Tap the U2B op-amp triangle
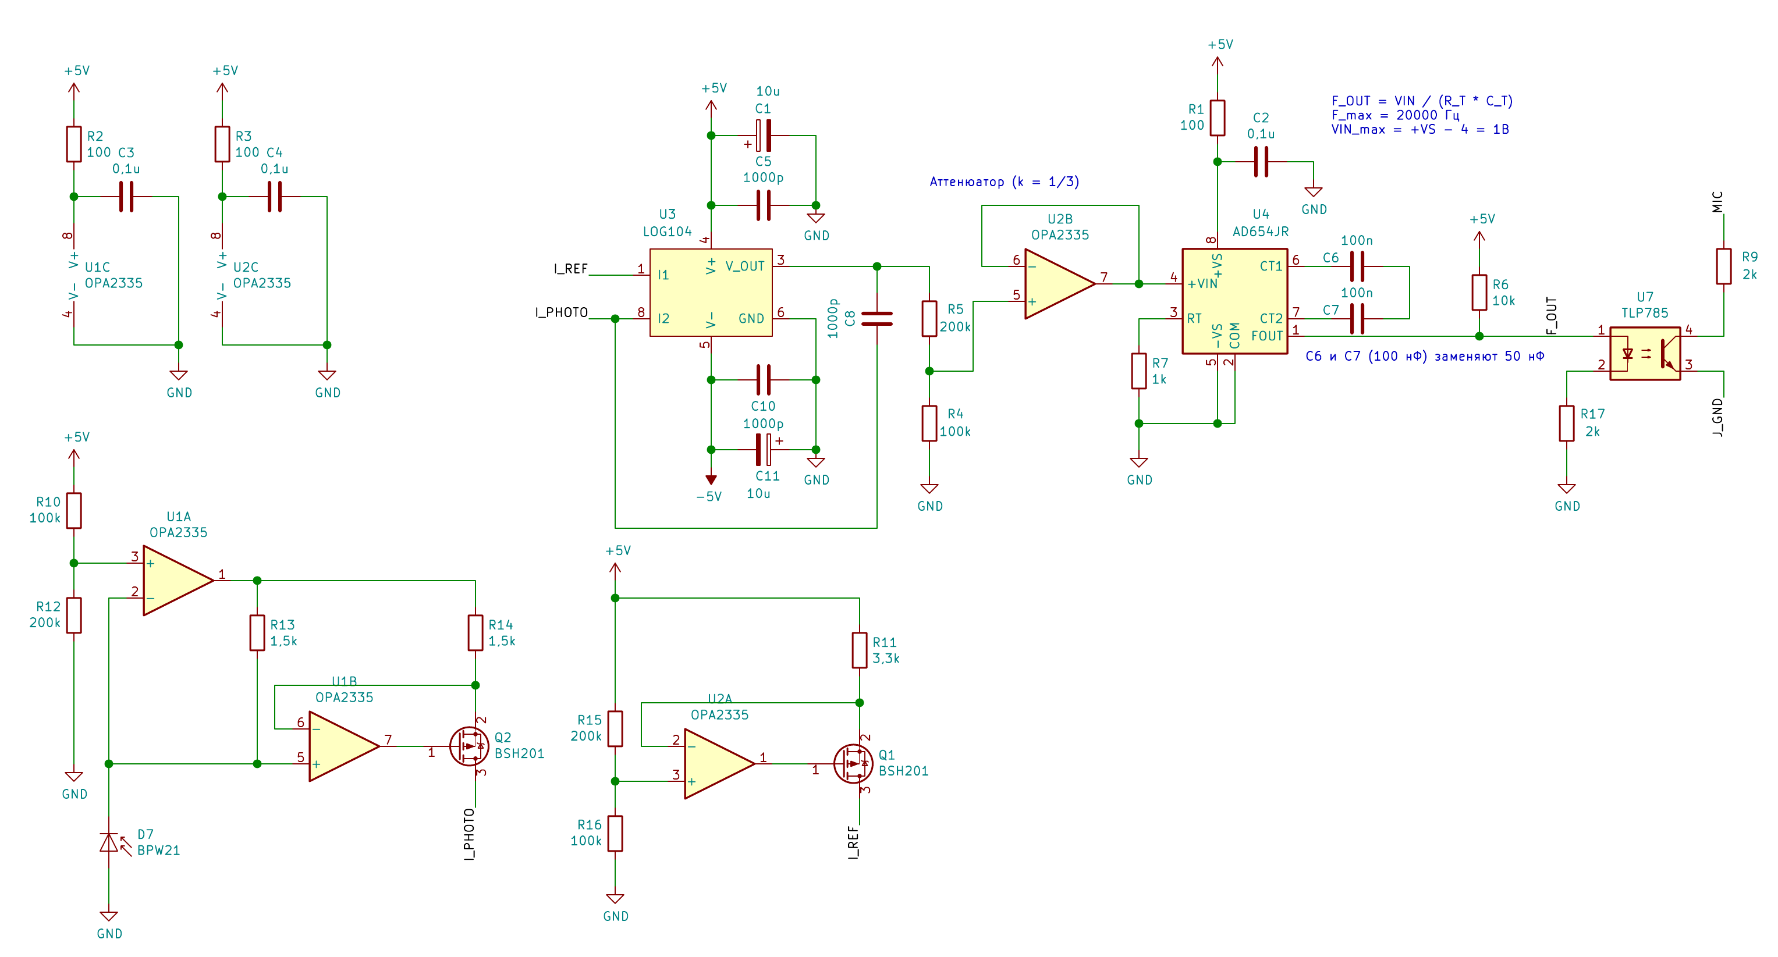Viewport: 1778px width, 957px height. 1059,283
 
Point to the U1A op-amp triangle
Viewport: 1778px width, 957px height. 178,580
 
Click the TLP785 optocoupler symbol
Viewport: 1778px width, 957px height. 1645,353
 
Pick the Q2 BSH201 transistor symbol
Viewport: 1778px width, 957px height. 469,746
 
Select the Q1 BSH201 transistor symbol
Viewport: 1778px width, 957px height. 853,763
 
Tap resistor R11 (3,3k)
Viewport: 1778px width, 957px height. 860,650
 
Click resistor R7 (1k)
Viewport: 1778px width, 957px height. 1139,371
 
